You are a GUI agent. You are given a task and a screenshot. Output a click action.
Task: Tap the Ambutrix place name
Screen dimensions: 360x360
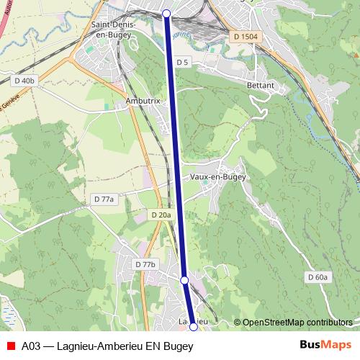pyautogui.click(x=142, y=102)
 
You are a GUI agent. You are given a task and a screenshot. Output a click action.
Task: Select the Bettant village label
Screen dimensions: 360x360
pyautogui.click(x=261, y=85)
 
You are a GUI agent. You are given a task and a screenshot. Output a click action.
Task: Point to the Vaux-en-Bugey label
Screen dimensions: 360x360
pyautogui.click(x=219, y=176)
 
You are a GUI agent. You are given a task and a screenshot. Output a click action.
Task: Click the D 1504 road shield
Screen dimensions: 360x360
pyautogui.click(x=245, y=36)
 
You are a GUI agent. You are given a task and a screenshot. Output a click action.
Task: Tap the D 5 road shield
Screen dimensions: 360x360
pyautogui.click(x=181, y=63)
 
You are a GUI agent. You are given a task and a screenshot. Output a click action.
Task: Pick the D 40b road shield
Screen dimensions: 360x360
pyautogui.click(x=24, y=81)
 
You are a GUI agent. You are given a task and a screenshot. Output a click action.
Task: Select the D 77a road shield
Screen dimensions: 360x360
pyautogui.click(x=104, y=198)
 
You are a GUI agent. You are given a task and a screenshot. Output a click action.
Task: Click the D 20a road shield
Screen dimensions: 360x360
pyautogui.click(x=162, y=215)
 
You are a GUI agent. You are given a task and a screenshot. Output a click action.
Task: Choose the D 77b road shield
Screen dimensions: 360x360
pyautogui.click(x=145, y=264)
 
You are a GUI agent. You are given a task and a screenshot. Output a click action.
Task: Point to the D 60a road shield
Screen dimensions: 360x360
pyautogui.click(x=318, y=276)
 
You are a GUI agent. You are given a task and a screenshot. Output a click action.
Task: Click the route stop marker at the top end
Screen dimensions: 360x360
pyautogui.click(x=166, y=14)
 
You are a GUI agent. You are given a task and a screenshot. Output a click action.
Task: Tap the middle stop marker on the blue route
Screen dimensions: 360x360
pyautogui.click(x=184, y=279)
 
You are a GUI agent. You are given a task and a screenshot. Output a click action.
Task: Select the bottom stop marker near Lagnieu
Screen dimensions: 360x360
pyautogui.click(x=193, y=327)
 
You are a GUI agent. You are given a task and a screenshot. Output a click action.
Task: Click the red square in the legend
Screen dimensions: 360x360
pyautogui.click(x=10, y=346)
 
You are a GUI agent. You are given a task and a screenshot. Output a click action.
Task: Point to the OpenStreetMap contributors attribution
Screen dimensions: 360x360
pyautogui.click(x=297, y=322)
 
